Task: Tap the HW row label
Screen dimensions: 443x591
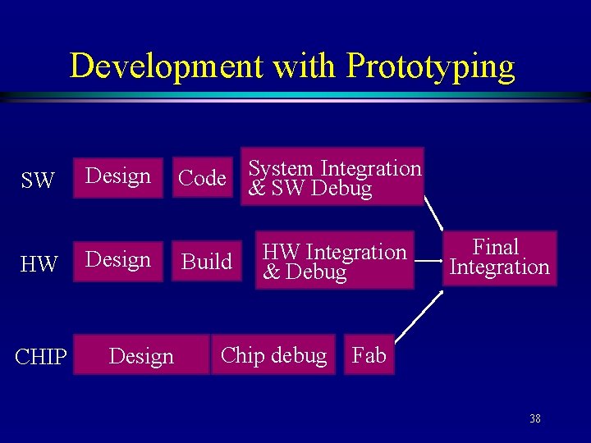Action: [x=39, y=264]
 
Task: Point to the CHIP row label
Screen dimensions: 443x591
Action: [x=40, y=358]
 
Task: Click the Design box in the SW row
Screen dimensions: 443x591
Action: [x=118, y=177]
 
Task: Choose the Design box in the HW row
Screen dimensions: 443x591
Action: [x=118, y=261]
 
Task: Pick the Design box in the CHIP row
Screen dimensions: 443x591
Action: [x=141, y=355]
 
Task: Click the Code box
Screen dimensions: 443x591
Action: [x=203, y=178]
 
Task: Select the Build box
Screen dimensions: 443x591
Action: [x=207, y=262]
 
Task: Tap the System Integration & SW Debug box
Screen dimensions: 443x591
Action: [x=332, y=176]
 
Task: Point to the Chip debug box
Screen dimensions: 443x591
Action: [x=273, y=355]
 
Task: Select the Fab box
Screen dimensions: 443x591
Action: [x=369, y=355]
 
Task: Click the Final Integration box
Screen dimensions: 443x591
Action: [x=499, y=258]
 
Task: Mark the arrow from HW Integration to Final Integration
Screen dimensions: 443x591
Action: [x=427, y=263]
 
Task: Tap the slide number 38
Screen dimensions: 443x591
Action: [x=534, y=419]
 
